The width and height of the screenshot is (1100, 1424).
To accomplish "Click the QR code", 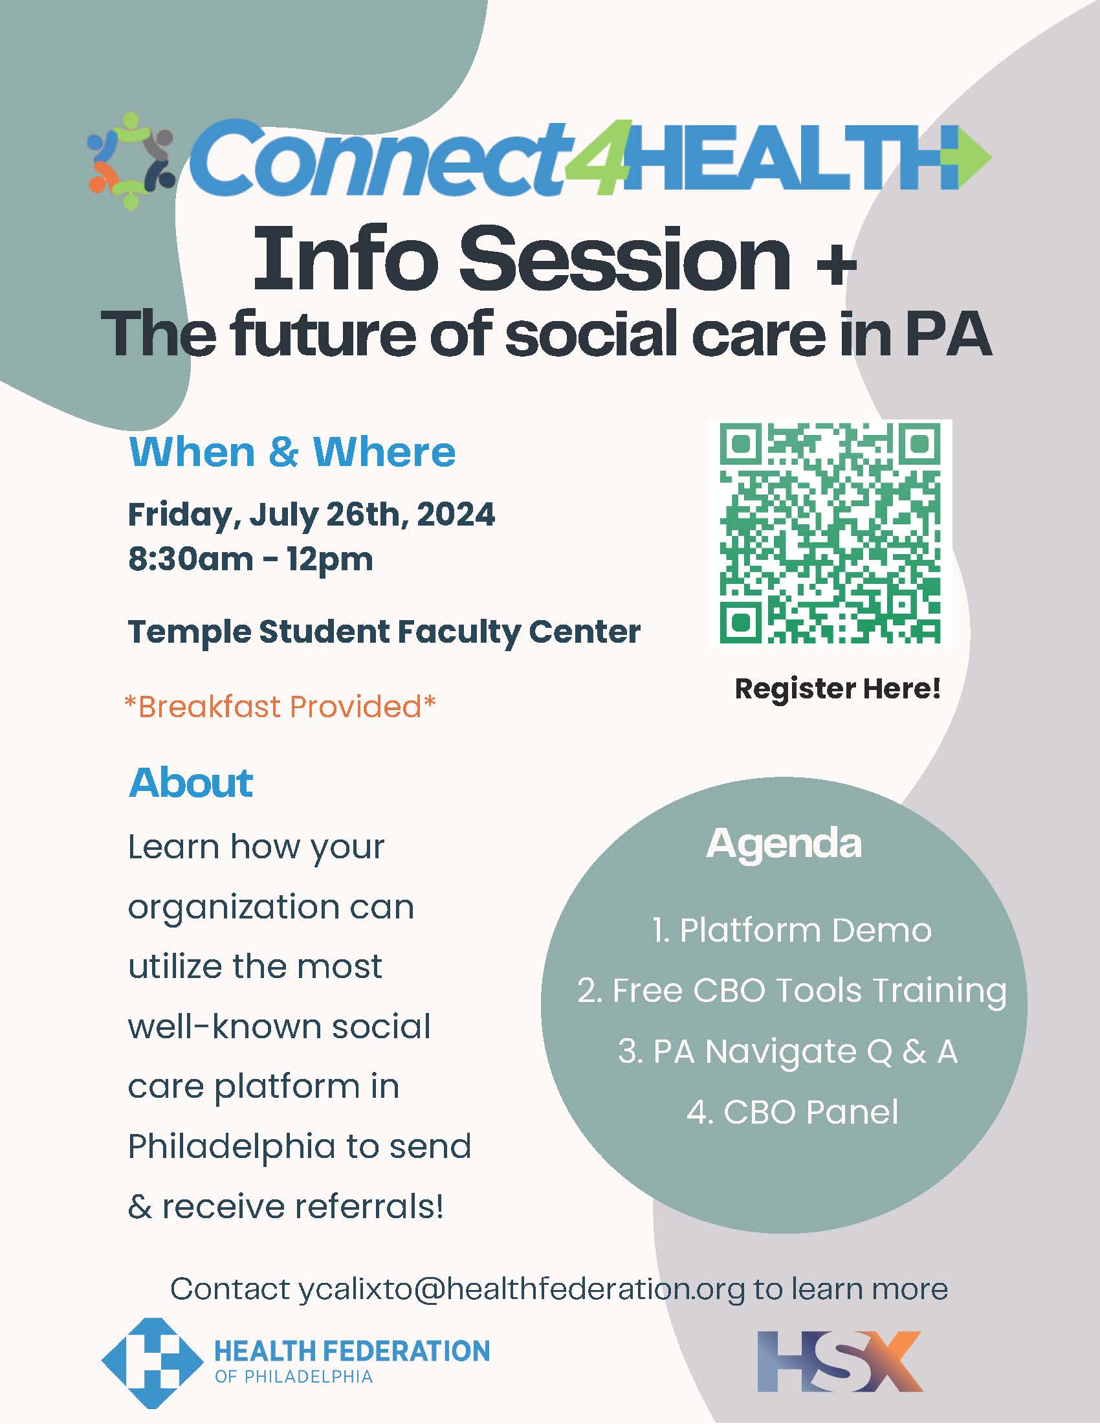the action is [830, 533].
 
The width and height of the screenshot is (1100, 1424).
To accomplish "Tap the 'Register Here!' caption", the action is [837, 689].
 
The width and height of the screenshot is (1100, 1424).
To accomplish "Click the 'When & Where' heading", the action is [292, 452].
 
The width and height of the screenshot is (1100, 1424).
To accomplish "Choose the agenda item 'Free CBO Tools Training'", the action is [792, 991].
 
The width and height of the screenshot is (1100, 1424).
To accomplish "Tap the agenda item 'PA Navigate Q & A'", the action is [788, 1052].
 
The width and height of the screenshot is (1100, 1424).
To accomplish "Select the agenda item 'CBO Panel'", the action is [793, 1111].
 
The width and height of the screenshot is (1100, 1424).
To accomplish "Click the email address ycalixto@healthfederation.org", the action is [522, 1289].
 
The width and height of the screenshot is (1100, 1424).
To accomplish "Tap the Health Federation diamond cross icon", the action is [152, 1363].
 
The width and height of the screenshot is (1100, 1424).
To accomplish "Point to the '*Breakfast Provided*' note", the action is [280, 707].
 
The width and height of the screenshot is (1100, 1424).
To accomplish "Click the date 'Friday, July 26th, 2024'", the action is [311, 515].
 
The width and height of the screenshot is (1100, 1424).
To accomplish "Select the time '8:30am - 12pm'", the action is [251, 559].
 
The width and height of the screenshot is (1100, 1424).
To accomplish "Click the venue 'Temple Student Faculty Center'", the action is [384, 632].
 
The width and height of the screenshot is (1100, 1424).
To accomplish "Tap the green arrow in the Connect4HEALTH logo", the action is [974, 157].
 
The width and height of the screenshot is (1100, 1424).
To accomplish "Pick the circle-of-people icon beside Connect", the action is [131, 161].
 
